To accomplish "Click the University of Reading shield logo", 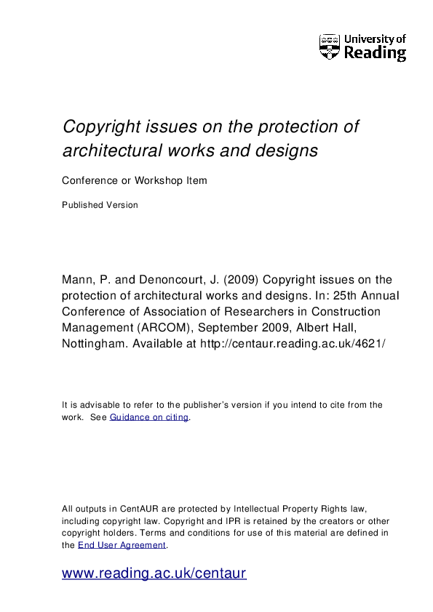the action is [330, 47].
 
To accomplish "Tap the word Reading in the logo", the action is [375, 53].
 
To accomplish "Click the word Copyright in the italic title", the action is [100, 127].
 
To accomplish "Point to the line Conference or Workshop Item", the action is [135, 181].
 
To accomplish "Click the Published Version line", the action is [100, 205].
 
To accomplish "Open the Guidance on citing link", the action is [149, 417].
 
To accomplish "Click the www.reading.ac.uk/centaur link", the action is [154, 573].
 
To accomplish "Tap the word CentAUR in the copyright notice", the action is [131, 510].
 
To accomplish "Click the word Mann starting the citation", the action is [77, 280].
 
